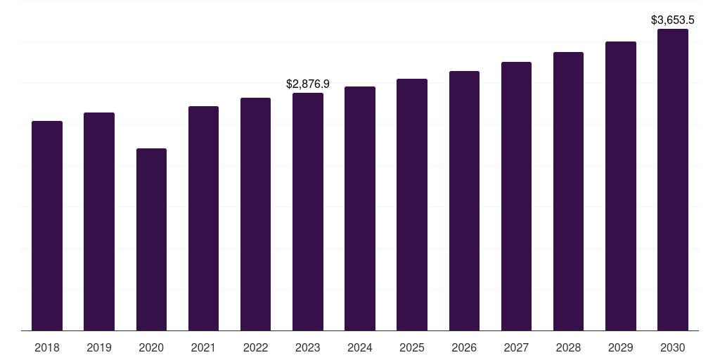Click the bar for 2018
[47, 225]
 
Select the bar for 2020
[151, 239]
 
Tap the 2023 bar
[308, 211]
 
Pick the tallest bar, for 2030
[673, 179]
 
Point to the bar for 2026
[464, 200]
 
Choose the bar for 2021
[203, 218]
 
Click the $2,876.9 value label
[308, 84]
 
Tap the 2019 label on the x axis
[99, 347]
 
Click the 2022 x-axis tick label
[256, 347]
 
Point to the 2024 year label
[360, 347]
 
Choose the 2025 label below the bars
[412, 347]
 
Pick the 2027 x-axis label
[516, 347]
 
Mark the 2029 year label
[621, 347]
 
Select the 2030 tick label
[673, 347]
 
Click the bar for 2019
[99, 221]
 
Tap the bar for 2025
[412, 204]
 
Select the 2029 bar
[621, 186]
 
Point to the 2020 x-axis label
[151, 347]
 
